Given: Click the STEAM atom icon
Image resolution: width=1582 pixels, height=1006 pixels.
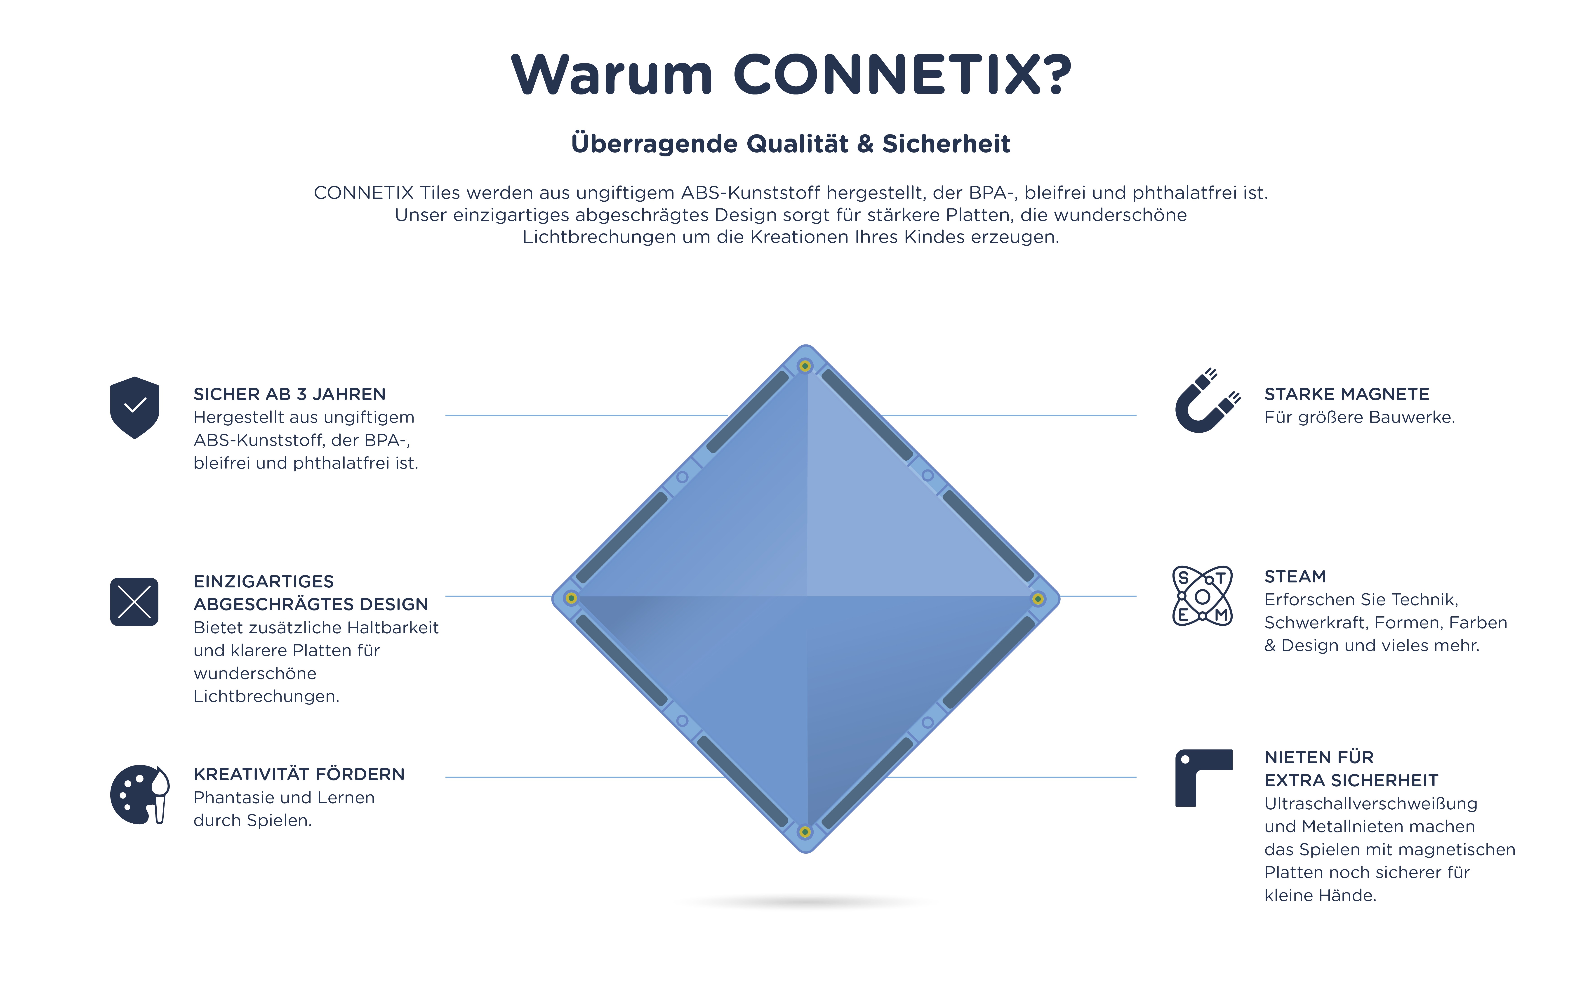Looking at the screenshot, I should pyautogui.click(x=1202, y=596).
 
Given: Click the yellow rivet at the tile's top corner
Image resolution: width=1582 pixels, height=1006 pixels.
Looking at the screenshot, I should pyautogui.click(x=805, y=365).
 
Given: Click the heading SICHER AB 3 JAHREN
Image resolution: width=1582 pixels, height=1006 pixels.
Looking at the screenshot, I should pyautogui.click(x=289, y=394).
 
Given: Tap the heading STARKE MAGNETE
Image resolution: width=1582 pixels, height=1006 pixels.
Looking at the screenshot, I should pyautogui.click(x=1347, y=394).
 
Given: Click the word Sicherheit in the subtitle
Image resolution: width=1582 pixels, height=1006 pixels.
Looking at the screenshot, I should pyautogui.click(x=946, y=144).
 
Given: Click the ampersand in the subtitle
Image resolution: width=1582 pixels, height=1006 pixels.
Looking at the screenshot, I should pyautogui.click(x=865, y=144).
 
